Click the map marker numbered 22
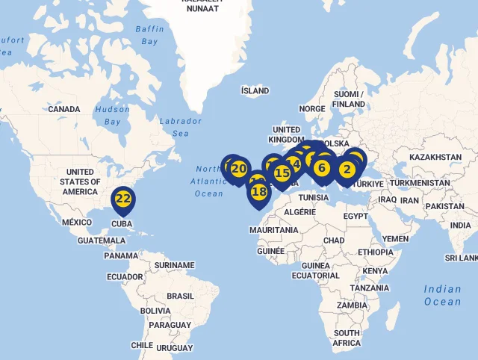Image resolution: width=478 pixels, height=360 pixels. point(123,199)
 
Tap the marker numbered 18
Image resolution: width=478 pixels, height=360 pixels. point(259,192)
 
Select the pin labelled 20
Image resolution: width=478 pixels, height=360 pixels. point(239,169)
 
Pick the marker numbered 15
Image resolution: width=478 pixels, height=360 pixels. point(282,173)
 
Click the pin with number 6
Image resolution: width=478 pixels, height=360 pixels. point(322,168)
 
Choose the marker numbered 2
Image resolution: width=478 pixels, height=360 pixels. point(347,170)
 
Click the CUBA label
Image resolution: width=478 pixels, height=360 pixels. point(122,223)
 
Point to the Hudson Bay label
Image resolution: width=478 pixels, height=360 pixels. point(112,115)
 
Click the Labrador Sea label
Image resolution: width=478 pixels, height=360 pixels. point(180,127)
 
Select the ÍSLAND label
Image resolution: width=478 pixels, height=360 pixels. point(255,91)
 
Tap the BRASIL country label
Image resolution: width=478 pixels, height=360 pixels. point(180,296)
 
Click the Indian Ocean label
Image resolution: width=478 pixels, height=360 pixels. point(442,295)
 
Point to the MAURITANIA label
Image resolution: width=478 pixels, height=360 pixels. point(274,230)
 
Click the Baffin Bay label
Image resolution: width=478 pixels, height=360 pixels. point(150,35)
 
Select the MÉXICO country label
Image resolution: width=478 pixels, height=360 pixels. point(76,223)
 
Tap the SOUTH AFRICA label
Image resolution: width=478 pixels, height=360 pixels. point(347,338)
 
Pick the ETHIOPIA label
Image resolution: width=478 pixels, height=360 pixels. point(375,252)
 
